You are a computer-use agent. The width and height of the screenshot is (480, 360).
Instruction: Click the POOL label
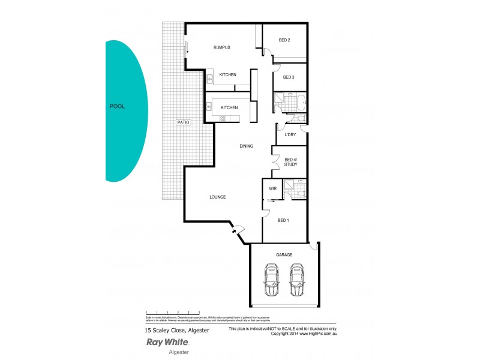tap(117, 107)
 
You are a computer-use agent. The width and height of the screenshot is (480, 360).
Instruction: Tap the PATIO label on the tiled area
tap(183, 122)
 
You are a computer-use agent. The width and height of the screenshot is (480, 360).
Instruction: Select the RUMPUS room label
tap(223, 47)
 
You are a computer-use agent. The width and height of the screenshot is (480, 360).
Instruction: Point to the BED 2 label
tap(284, 40)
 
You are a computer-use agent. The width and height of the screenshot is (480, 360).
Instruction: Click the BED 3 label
tap(288, 77)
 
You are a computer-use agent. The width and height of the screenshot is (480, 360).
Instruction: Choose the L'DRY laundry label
tap(290, 134)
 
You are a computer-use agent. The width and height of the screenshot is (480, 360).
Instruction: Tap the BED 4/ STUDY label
tap(290, 162)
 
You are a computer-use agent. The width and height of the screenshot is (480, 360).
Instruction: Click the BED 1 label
tap(284, 220)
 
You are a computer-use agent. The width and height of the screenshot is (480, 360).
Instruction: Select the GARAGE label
tap(284, 255)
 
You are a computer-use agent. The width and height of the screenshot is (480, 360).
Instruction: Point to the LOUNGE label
tap(217, 197)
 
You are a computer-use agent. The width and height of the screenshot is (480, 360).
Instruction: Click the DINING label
tap(246, 146)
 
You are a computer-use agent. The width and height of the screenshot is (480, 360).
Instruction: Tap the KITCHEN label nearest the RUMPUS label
tap(227, 74)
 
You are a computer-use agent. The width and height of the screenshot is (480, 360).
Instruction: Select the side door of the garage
tap(312, 247)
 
